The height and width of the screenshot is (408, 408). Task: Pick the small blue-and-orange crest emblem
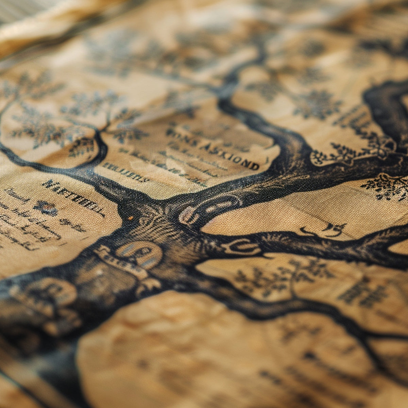[x=46, y=208]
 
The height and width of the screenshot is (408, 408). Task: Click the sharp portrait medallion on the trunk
[x=139, y=253]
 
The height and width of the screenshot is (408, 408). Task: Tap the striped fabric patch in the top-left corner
[x=20, y=10]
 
